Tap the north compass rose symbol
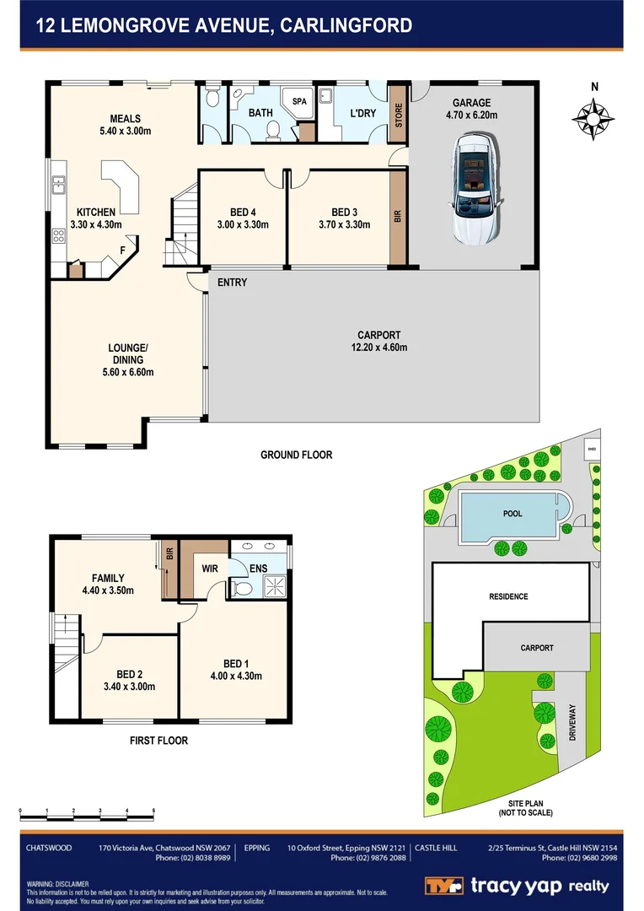click(x=593, y=117)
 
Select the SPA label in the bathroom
click(x=299, y=101)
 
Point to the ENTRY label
click(x=232, y=283)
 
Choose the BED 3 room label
click(x=343, y=218)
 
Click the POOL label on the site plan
click(x=513, y=514)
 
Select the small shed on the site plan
click(x=592, y=450)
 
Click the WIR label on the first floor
click(x=210, y=569)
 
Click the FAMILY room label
click(x=109, y=584)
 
